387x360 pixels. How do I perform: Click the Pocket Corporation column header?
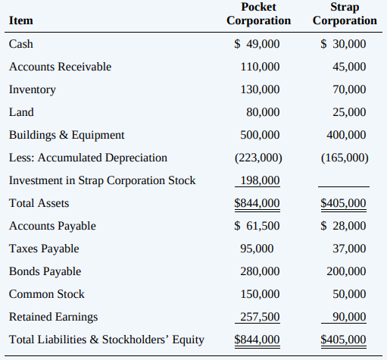pos(258,14)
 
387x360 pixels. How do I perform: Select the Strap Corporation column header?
pos(345,14)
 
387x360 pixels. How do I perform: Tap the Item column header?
pos(21,20)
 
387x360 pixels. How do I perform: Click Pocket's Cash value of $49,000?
pos(257,44)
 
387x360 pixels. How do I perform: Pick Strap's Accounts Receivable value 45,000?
pos(349,67)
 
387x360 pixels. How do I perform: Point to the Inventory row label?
pos(33,90)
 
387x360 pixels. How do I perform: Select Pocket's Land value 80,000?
pos(263,112)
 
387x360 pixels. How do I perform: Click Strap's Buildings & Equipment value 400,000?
pos(346,135)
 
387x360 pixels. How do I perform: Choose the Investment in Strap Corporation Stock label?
pos(102,180)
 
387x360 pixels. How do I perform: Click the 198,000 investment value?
pos(260,180)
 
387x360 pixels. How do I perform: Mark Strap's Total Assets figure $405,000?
pos(343,203)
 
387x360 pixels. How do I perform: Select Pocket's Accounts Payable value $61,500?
pos(257,226)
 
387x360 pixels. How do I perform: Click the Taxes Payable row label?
pos(44,249)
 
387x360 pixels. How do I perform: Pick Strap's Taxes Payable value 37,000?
pos(349,249)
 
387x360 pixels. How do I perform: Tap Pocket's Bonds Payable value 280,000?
pos(260,271)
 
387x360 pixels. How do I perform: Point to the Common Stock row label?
pos(47,294)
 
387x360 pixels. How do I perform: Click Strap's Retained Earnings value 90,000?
pos(349,317)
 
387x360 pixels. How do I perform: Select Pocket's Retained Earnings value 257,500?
pos(260,317)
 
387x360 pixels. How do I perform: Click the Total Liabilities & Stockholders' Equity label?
pos(107,340)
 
